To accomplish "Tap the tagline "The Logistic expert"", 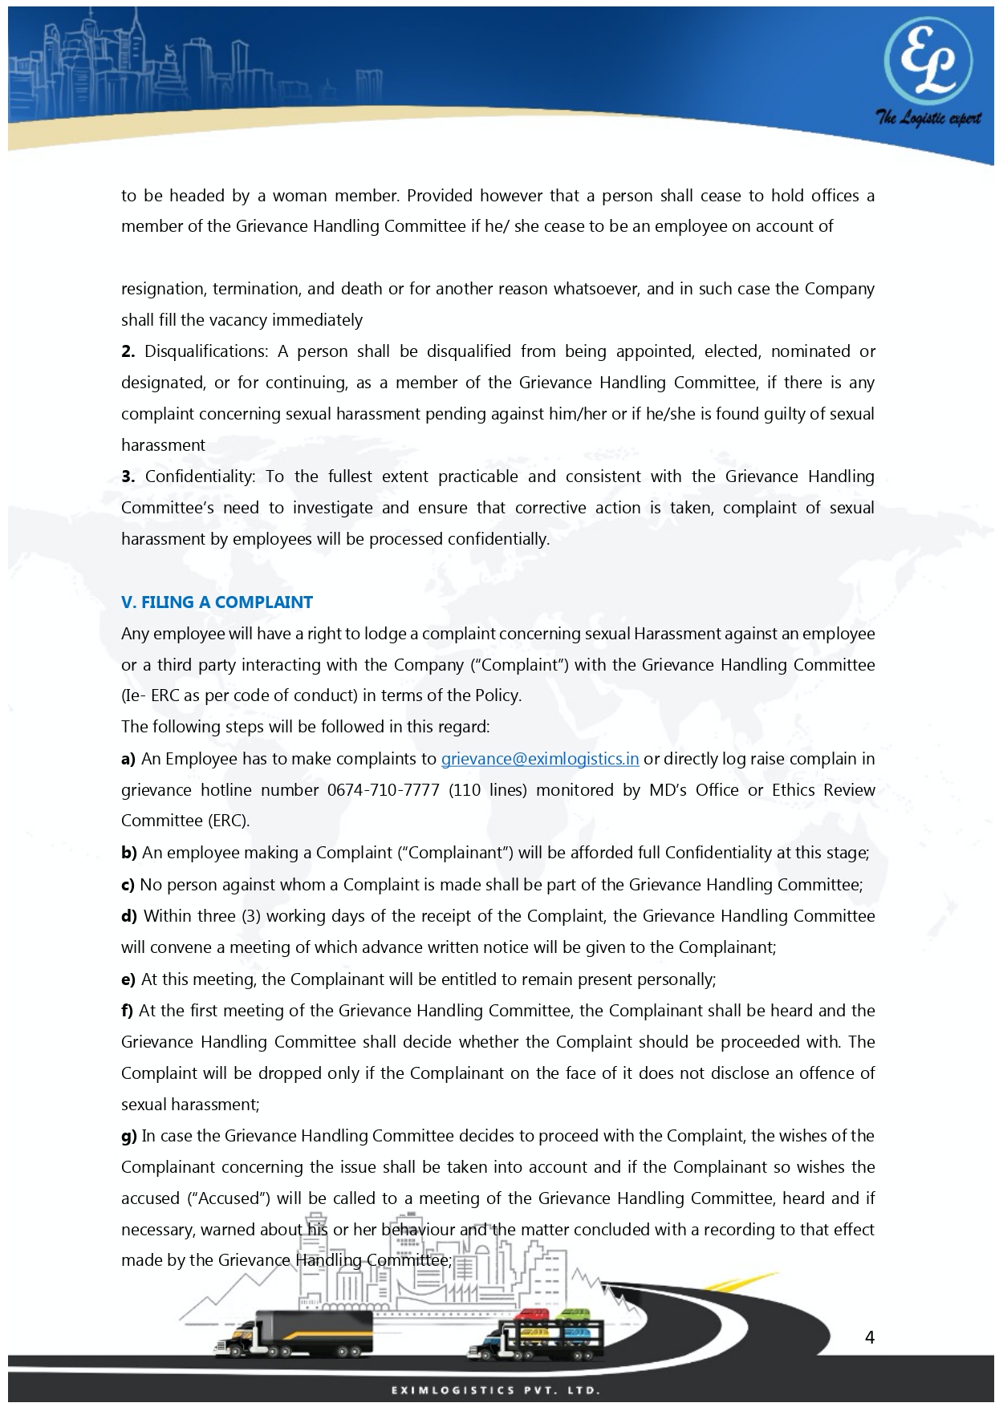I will (x=928, y=119).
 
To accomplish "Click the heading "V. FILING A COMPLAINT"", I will (x=217, y=602).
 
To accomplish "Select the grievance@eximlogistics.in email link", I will (x=540, y=759).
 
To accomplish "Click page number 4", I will (x=870, y=1337).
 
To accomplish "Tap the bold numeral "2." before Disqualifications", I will (x=128, y=351).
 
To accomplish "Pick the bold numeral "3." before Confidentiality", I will (x=128, y=476).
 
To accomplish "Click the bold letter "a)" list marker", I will (x=128, y=759).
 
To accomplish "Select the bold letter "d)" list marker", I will (x=129, y=916).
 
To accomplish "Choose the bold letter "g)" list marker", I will (x=129, y=1136).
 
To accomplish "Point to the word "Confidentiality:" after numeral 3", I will (x=201, y=476).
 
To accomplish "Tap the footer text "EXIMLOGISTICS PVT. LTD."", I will (x=496, y=1390).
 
